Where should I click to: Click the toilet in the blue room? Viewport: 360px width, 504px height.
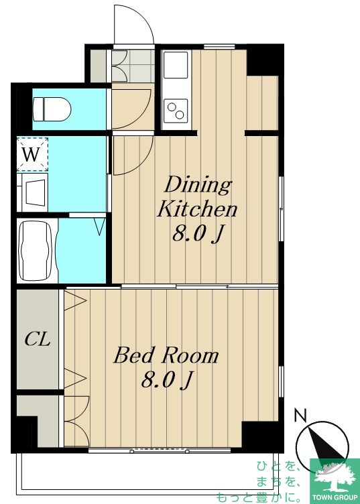[x=52, y=109]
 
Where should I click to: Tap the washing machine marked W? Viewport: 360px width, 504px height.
[x=32, y=154]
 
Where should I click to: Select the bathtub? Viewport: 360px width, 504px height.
[x=35, y=251]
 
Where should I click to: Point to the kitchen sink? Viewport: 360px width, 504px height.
[x=176, y=64]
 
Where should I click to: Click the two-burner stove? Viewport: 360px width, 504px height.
[x=176, y=111]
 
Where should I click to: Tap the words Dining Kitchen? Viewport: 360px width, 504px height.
[x=197, y=197]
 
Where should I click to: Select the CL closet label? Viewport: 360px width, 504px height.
[x=38, y=338]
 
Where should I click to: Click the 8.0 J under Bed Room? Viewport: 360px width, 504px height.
[x=167, y=381]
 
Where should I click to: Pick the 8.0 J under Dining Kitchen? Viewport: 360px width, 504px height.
[x=198, y=234]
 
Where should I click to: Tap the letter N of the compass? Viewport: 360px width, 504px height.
[x=300, y=416]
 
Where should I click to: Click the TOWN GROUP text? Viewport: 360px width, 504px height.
[x=335, y=497]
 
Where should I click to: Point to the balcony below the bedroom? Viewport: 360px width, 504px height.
[x=147, y=472]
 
